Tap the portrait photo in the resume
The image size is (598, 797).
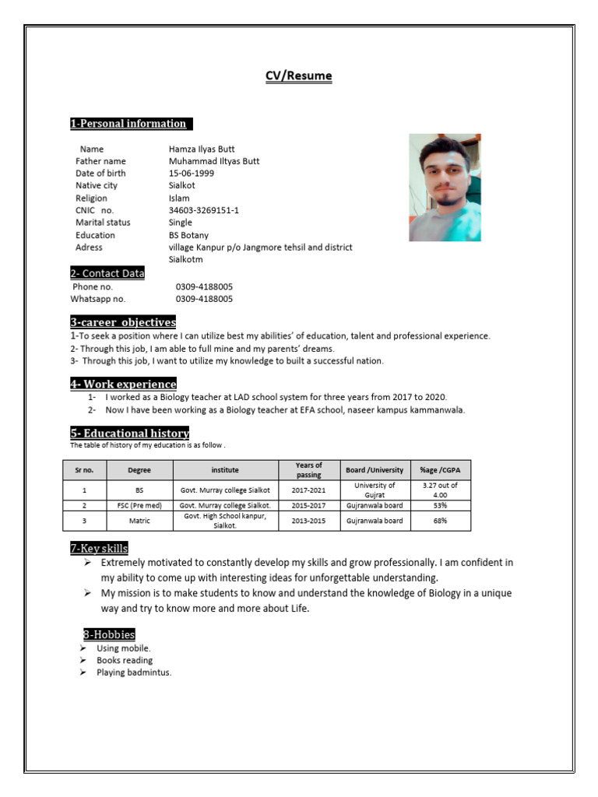(x=445, y=187)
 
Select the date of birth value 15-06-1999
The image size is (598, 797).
(x=192, y=173)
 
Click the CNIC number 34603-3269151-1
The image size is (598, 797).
(x=204, y=210)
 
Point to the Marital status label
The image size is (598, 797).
(x=103, y=223)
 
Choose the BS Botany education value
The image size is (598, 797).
(x=188, y=235)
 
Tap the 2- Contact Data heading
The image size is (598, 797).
(x=107, y=273)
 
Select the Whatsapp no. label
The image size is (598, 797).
(x=98, y=298)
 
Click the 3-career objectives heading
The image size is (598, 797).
(x=123, y=322)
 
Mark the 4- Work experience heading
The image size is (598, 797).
(x=123, y=384)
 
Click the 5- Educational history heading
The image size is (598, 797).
(x=129, y=433)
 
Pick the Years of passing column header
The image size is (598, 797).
(x=308, y=470)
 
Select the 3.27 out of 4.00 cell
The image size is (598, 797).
(x=440, y=490)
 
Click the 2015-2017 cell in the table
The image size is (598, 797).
(x=308, y=505)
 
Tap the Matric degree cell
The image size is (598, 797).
(x=139, y=521)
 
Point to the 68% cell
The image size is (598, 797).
(x=440, y=521)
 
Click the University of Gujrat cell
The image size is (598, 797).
(x=375, y=490)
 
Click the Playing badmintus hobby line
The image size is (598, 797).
(x=133, y=672)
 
